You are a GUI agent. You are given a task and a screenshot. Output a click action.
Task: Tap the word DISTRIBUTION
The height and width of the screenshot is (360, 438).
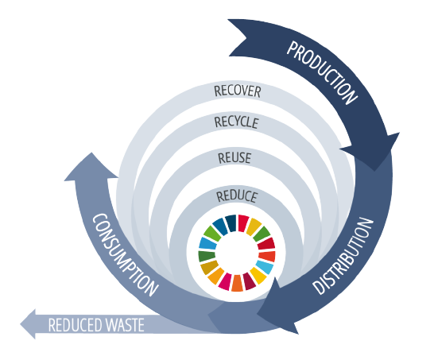[343, 256]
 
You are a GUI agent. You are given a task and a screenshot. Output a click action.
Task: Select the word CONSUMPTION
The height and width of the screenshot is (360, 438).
[125, 255]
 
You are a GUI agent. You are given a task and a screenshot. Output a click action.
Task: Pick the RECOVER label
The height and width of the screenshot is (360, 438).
[238, 91]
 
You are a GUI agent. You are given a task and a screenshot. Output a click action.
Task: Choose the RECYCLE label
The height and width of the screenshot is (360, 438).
[237, 122]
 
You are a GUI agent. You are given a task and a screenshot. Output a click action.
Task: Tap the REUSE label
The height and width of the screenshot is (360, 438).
[235, 158]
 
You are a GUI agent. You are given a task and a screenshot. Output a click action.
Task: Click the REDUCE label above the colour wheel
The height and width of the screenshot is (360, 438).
[237, 196]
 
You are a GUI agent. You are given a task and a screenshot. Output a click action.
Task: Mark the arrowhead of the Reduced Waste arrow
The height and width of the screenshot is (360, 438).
[28, 324]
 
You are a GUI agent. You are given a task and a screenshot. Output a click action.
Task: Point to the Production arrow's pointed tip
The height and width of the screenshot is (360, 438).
[375, 170]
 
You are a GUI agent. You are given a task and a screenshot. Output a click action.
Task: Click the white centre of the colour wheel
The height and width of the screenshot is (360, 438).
[237, 254]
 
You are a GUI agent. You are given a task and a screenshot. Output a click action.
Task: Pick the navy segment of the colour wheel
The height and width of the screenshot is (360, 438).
[231, 223]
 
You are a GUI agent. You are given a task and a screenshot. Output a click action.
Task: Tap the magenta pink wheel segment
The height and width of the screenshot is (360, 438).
[226, 281]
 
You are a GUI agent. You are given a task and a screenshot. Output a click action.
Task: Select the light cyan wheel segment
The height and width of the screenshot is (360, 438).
[265, 267]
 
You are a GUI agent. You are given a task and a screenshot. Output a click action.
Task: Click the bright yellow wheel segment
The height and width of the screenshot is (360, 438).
[258, 276]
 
